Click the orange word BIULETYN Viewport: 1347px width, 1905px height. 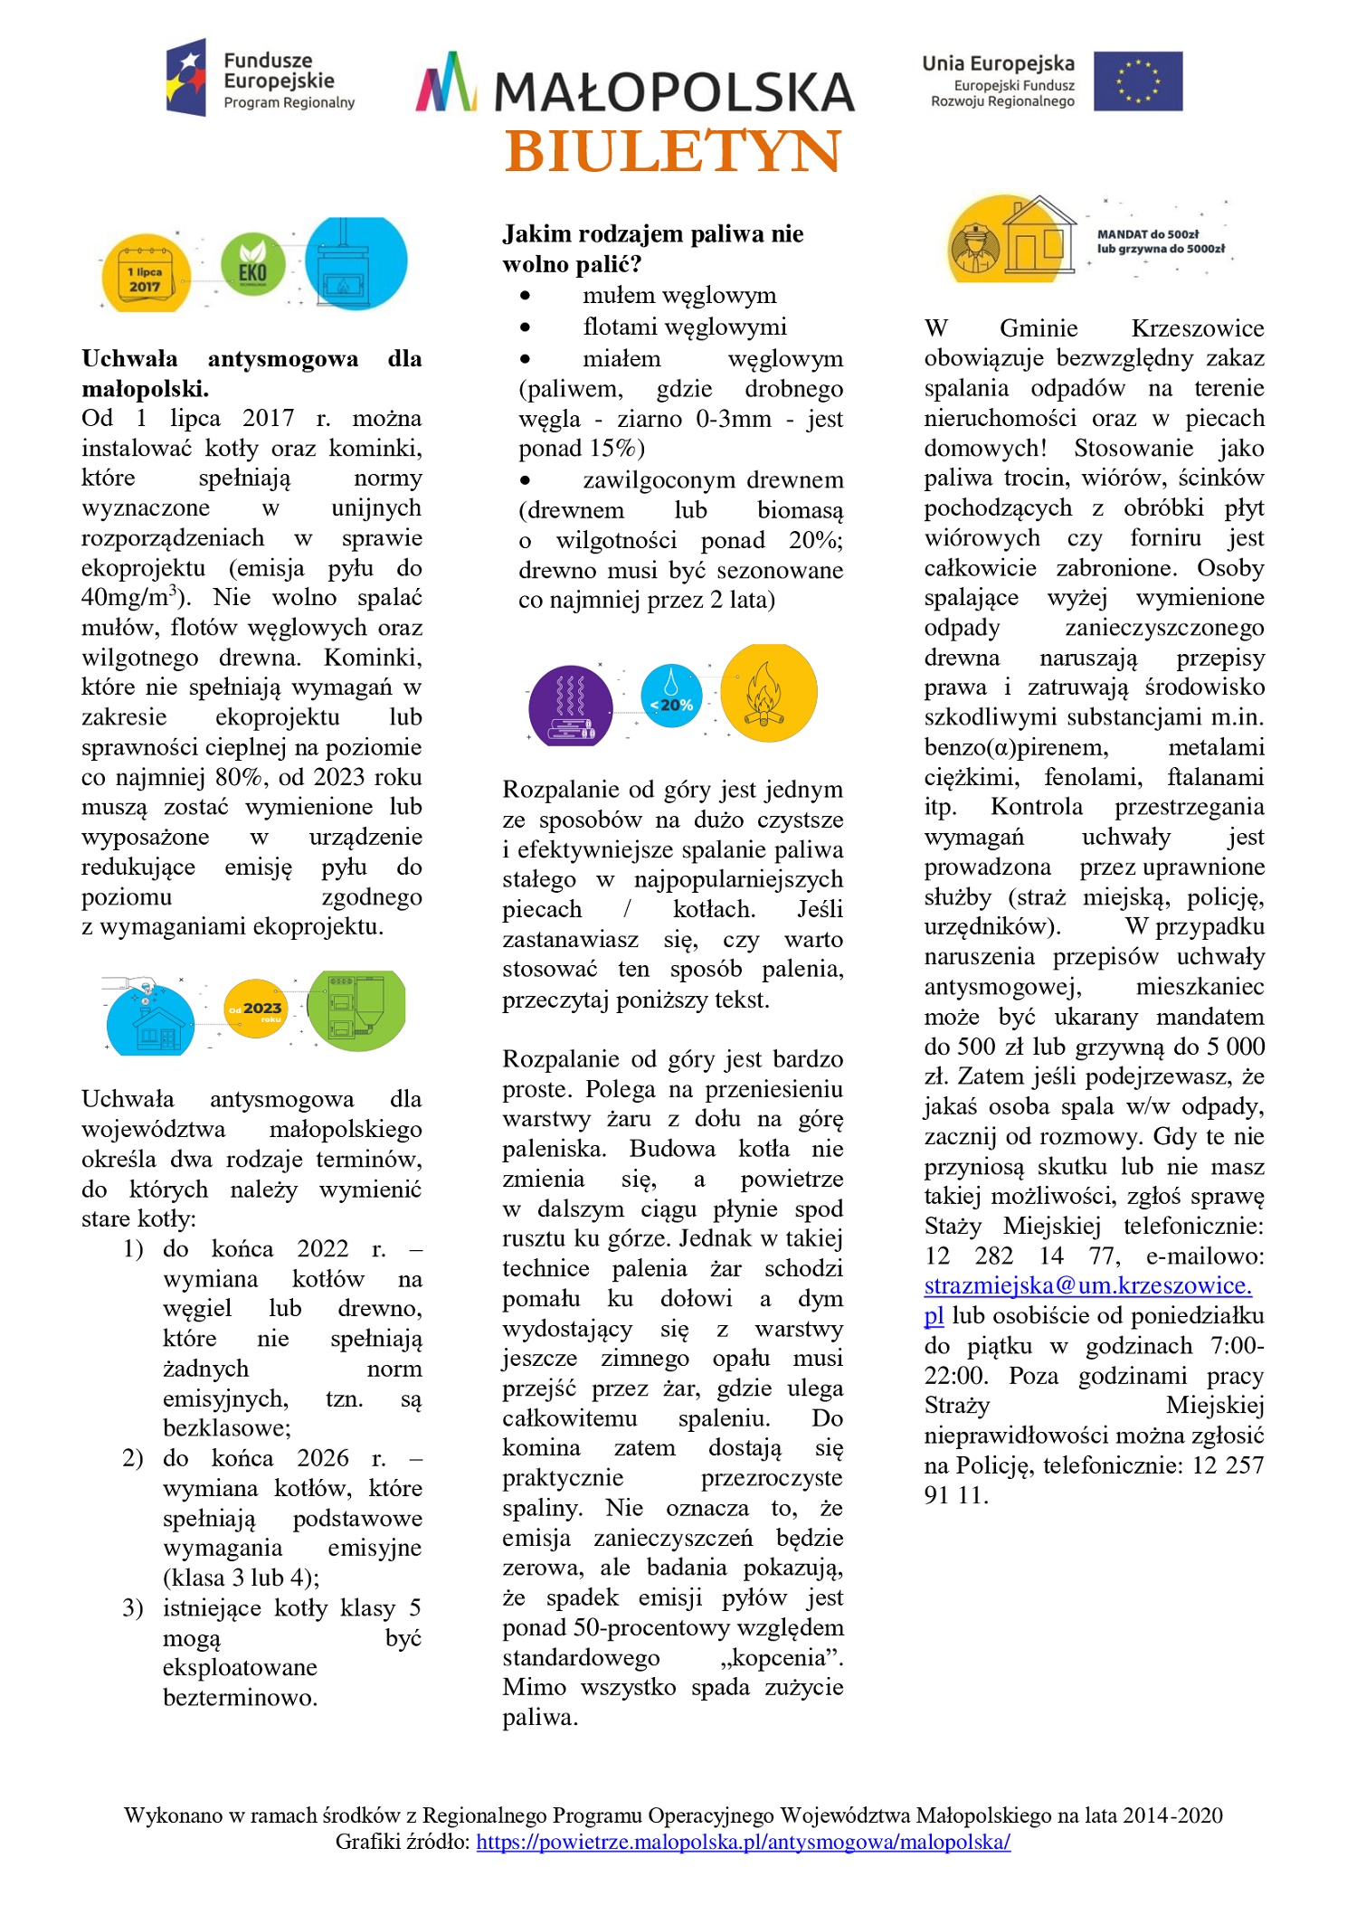(x=673, y=151)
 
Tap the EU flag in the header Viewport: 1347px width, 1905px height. (x=1137, y=81)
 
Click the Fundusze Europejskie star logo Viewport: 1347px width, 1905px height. (x=186, y=77)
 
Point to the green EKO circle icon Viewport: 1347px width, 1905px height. (x=253, y=265)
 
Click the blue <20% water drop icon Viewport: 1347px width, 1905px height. (x=671, y=695)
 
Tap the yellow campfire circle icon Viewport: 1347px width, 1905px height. (x=767, y=693)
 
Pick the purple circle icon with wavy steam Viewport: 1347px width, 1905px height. (x=571, y=706)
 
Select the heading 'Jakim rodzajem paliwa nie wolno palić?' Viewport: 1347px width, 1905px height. (x=652, y=249)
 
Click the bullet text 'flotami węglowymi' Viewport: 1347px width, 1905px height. (x=685, y=327)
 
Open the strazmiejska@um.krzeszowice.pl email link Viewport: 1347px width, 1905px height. (x=1087, y=1285)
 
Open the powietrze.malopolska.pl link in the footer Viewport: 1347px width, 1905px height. (x=743, y=1842)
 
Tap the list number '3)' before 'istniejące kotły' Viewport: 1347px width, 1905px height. (x=133, y=1607)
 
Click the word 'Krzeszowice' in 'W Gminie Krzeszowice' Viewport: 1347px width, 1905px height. (x=1197, y=328)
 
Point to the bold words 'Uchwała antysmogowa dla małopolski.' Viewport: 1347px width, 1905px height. (x=251, y=374)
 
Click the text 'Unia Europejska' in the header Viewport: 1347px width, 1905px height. (x=998, y=63)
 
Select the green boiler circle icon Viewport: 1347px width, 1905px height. (x=356, y=1009)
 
